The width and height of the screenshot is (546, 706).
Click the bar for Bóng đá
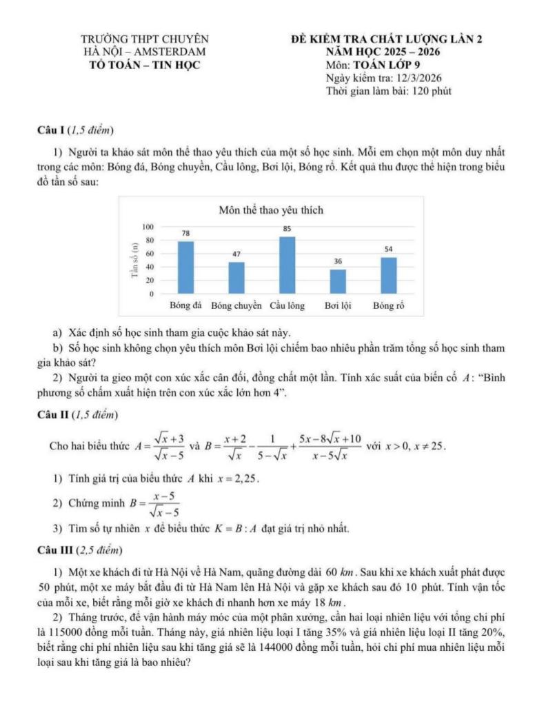(185, 268)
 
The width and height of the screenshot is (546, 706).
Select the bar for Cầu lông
(287, 265)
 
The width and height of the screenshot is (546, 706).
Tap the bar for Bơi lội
(338, 281)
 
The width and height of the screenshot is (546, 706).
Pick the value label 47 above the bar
(236, 254)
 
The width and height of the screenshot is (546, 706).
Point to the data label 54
(389, 248)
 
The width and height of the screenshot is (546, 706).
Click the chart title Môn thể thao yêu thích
(271, 210)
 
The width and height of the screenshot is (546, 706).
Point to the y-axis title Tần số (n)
(133, 260)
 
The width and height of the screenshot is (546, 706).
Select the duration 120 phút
(432, 91)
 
